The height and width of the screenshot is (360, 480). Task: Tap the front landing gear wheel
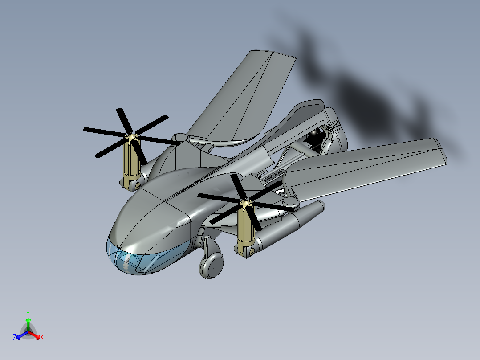(x=212, y=266)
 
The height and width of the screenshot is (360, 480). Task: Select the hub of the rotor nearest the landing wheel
(x=245, y=202)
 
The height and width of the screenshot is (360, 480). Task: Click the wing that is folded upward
(x=242, y=98)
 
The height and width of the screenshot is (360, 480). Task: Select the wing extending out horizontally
(x=364, y=168)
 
